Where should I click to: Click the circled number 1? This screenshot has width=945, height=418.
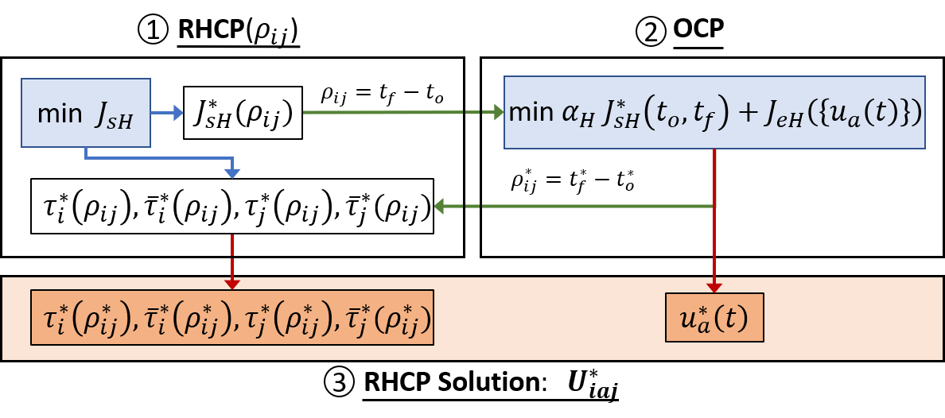tap(153, 31)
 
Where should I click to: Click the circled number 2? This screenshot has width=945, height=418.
tap(651, 32)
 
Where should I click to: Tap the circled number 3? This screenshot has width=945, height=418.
tap(339, 383)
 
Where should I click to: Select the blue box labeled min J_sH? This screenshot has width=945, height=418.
tap(86, 113)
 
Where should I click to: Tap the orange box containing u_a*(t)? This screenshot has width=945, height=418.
tap(714, 318)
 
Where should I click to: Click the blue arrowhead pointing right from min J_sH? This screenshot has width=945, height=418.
tap(179, 113)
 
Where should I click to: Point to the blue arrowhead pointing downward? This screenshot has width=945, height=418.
tap(231, 172)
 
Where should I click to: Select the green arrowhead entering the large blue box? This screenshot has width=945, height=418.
tap(499, 113)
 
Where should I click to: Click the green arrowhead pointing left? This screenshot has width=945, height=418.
tap(439, 207)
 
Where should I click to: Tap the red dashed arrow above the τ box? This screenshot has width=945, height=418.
tap(231, 262)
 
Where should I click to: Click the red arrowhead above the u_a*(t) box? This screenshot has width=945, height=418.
tap(714, 286)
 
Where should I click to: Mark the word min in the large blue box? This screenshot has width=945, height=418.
tap(529, 113)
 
